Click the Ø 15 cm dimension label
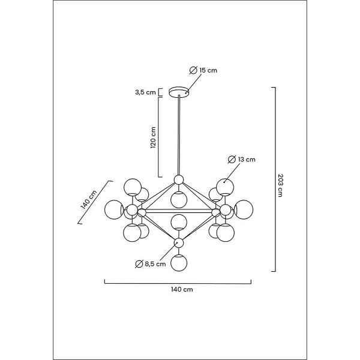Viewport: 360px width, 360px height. [203, 70]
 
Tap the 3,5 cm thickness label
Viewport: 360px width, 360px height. [145, 92]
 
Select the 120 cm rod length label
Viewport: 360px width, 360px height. [153, 137]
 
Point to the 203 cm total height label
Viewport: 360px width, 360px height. [280, 185]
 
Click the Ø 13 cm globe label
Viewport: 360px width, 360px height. [242, 160]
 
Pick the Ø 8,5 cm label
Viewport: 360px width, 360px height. [151, 264]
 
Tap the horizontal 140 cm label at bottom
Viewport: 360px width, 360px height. [182, 289]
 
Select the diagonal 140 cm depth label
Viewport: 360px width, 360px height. [89, 200]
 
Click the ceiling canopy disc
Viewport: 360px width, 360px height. [179, 91]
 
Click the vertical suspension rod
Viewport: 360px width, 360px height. [179, 136]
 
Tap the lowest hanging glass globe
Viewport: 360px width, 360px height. [179, 263]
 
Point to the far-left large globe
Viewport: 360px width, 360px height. [113, 209]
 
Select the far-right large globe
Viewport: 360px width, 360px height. [244, 209]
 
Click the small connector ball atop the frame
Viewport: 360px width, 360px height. [179, 180]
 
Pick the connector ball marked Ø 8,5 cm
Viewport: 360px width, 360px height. [179, 242]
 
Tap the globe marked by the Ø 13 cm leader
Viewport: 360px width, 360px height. [225, 187]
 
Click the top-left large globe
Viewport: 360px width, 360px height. [133, 187]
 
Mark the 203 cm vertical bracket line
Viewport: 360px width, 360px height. [275, 179]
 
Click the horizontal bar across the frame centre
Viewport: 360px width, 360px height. [179, 211]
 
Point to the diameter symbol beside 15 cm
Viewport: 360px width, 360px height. [193, 70]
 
